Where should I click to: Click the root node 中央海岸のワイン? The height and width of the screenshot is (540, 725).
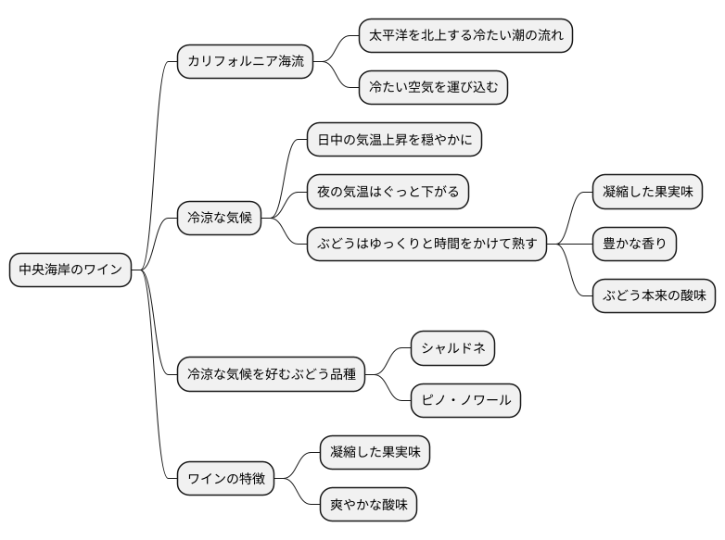[70, 270]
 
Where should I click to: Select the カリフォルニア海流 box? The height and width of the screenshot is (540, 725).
[245, 62]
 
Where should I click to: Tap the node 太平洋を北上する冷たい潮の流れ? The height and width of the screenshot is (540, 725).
[464, 36]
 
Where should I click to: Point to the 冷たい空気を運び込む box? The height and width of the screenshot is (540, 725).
[434, 88]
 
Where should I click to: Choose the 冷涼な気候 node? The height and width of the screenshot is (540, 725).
[219, 219]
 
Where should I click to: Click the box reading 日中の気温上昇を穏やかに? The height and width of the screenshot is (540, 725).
[394, 141]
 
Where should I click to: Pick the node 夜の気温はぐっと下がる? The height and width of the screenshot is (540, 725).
[388, 193]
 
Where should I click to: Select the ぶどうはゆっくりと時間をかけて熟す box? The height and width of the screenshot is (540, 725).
[426, 245]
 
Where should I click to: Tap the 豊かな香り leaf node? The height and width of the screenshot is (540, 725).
[634, 245]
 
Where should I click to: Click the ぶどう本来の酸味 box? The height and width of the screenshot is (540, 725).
[654, 296]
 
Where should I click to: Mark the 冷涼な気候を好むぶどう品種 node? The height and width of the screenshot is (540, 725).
[271, 374]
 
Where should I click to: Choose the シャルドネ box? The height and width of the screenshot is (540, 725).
[452, 348]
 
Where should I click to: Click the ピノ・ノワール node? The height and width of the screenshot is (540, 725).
[465, 400]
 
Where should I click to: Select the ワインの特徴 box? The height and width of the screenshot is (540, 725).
[226, 478]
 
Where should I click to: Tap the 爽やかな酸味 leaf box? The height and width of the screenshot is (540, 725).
[367, 505]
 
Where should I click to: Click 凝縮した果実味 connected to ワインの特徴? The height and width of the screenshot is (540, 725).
[375, 452]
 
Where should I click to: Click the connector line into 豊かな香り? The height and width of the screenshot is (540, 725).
[575, 245]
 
